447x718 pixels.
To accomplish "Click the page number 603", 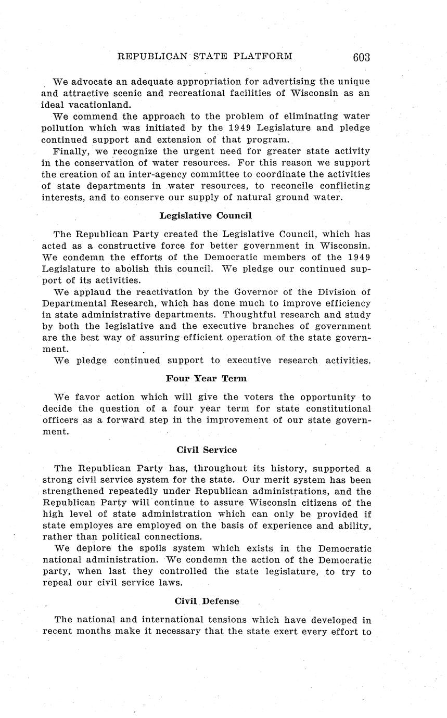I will click(x=361, y=57).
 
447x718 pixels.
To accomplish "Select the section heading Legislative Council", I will click(x=206, y=215).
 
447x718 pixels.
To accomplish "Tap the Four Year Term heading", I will click(x=206, y=378).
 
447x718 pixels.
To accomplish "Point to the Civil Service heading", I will click(x=206, y=450).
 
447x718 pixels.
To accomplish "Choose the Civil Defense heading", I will click(x=207, y=601).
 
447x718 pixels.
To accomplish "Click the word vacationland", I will click(x=95, y=105).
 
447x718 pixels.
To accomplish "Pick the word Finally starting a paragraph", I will click(x=72, y=151).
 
